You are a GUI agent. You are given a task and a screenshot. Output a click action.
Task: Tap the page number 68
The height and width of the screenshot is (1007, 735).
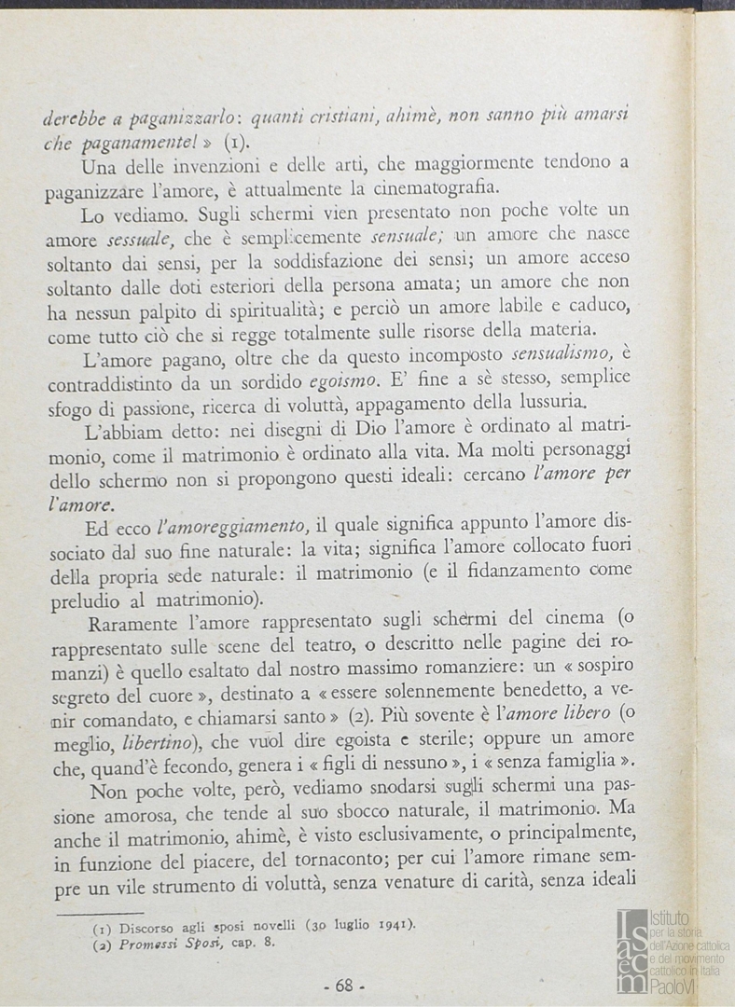coord(343,986)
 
